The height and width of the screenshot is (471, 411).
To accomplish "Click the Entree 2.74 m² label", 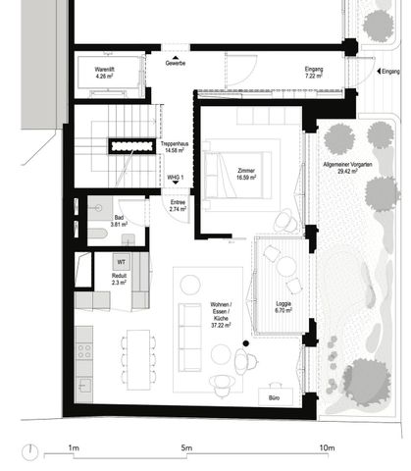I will tap(177, 205).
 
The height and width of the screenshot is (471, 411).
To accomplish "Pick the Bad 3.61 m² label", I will tap(119, 221).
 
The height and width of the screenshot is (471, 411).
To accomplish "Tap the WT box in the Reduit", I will tap(121, 262).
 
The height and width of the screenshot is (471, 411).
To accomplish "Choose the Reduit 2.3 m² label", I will tap(120, 280).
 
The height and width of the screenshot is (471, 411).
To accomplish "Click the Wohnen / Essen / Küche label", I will tap(221, 316).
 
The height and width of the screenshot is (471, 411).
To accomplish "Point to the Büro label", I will tap(274, 397).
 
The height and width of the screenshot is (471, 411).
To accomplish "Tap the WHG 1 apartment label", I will tap(176, 178).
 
